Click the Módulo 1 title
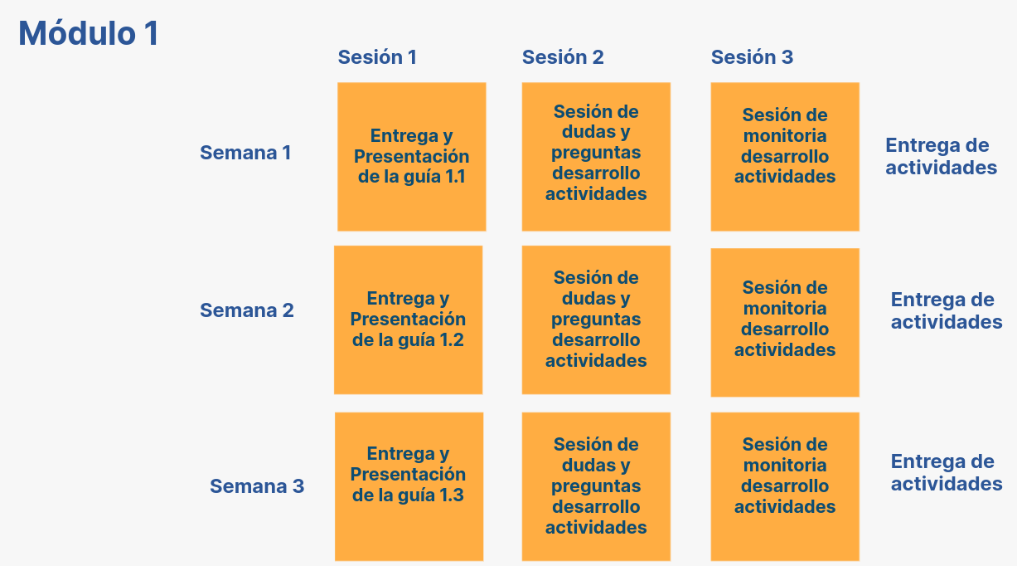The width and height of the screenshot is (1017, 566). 89,33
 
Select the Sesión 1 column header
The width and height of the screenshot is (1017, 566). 377,57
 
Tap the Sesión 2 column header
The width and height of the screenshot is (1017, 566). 563,57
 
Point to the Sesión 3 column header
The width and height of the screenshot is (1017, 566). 753,57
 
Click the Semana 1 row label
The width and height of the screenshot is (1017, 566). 245,153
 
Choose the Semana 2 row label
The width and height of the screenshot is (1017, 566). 247,310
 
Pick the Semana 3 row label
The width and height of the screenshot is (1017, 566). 257,486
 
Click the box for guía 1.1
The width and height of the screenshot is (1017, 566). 412,157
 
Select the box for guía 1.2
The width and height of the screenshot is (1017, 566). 408,320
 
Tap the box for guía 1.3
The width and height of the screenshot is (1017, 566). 409,486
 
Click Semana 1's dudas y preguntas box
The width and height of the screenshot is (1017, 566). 596,157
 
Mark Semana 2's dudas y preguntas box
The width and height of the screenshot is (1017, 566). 596,320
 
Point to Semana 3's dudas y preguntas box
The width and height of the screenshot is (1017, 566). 596,486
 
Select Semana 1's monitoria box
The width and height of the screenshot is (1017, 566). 785,157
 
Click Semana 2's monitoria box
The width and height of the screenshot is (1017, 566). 785,323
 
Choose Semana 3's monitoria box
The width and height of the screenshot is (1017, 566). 785,486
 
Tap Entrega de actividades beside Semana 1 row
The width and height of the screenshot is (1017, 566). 942,156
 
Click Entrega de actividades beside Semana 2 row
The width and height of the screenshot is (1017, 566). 947,310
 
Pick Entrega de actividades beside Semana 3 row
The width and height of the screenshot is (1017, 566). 947,472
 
